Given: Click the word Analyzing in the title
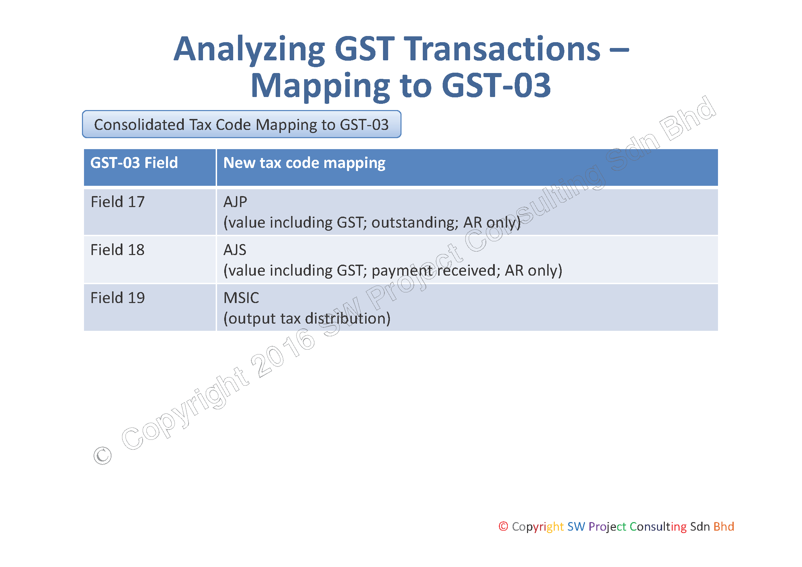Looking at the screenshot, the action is (249, 50).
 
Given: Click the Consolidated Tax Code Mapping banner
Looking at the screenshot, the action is (241, 124).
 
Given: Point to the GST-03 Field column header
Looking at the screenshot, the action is (134, 163).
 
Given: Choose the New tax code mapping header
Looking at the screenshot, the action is (304, 164).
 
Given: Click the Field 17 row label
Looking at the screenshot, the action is (117, 202).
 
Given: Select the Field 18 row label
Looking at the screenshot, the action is (117, 250).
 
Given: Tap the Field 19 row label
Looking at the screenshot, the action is (117, 298).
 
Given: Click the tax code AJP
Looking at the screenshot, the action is (235, 202).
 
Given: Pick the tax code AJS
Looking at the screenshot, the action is (235, 250).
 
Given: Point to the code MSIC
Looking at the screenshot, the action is (241, 298).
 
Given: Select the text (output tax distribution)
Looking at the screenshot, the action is (307, 319).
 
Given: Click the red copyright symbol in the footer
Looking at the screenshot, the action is (503, 526).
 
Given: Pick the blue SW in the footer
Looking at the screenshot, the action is (576, 526).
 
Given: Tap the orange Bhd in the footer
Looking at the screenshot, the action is (724, 526).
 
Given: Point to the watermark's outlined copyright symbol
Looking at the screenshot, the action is (102, 456).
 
